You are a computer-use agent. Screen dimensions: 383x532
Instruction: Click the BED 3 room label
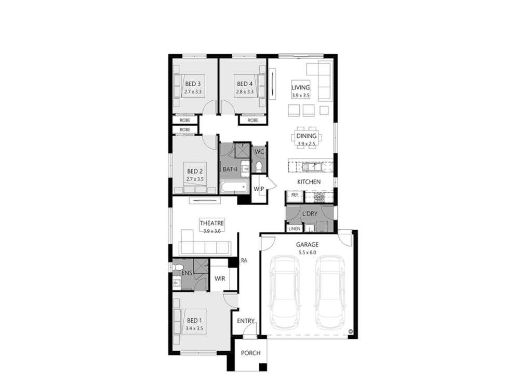[193, 84]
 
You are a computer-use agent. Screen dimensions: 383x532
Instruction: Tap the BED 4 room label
[245, 84]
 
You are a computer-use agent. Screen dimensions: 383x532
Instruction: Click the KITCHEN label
[309, 182]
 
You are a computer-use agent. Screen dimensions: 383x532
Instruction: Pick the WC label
[259, 152]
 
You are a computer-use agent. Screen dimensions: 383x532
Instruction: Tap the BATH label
[230, 169]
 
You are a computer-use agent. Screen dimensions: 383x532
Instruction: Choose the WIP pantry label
[259, 189]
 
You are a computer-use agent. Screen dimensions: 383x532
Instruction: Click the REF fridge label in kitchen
[295, 195]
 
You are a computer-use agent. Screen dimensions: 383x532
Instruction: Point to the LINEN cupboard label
[294, 228]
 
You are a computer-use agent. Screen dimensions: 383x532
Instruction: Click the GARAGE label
[307, 244]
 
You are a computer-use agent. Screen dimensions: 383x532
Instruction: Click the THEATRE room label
[212, 223]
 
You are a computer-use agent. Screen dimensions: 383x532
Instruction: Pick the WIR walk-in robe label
[220, 279]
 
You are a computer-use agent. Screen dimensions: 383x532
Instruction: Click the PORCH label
[250, 353]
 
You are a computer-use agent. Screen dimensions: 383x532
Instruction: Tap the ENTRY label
[246, 321]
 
